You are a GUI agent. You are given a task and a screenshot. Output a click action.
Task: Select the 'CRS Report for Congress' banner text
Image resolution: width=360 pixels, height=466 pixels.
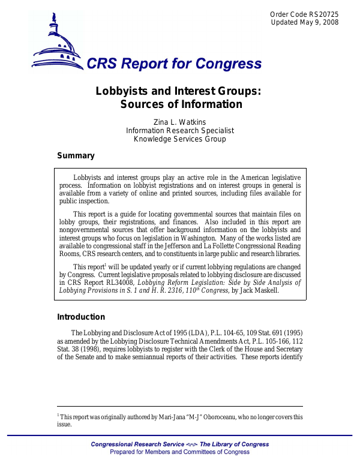(175, 64)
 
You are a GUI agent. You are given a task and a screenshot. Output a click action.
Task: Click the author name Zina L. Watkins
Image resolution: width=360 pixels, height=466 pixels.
(180, 122)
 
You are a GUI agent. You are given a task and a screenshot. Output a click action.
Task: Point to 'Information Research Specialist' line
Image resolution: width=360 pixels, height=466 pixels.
(180, 131)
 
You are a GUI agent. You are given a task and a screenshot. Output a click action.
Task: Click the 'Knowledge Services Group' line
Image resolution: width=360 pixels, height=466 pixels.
(180, 139)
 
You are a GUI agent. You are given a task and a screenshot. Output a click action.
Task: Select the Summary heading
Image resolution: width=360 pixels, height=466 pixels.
(76, 156)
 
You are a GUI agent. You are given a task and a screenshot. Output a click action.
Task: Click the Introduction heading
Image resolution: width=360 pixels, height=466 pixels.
(81, 317)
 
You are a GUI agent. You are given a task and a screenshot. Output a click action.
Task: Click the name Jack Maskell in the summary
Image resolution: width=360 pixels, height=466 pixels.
(262, 290)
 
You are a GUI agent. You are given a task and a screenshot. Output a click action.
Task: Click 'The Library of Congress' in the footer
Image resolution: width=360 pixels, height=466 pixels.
(235, 444)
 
